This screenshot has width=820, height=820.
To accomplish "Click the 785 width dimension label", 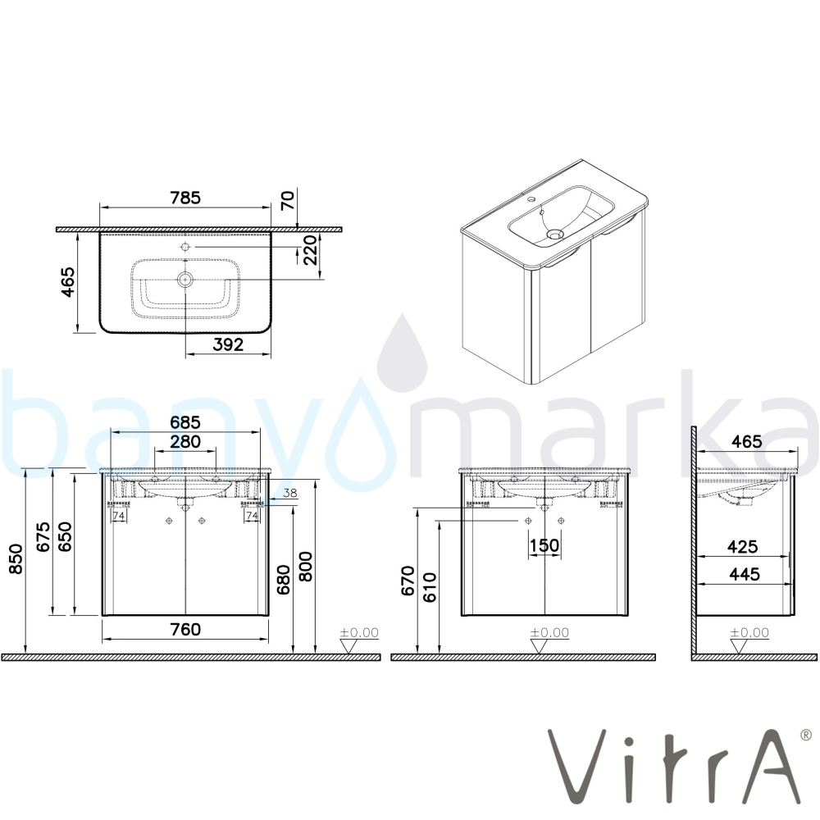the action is point(185,198).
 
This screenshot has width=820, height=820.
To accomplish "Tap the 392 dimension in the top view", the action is point(228,344).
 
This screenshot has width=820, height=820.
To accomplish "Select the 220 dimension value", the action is point(310,250).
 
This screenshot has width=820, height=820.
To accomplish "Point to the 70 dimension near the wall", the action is point(288,200).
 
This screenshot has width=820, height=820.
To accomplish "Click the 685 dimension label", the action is point(185,422).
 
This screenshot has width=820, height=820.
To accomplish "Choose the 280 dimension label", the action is point(185,442).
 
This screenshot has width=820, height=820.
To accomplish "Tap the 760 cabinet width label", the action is point(185,629).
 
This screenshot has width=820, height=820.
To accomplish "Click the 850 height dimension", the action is point(16,558).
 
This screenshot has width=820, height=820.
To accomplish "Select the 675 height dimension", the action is point(43,536).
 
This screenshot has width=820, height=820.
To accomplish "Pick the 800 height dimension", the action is point(305,567).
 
